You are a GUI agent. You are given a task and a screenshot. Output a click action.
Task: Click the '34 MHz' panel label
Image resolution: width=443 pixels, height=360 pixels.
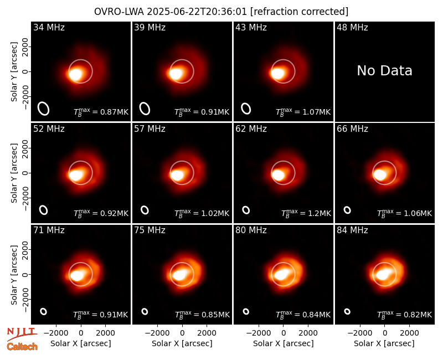(49, 27)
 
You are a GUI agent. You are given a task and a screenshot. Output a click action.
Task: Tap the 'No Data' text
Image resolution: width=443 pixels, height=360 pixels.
(384, 70)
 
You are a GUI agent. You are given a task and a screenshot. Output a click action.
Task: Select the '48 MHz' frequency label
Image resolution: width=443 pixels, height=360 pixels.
(352, 27)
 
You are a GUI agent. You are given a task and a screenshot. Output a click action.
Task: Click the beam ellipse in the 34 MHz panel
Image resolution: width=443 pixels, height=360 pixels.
(43, 109)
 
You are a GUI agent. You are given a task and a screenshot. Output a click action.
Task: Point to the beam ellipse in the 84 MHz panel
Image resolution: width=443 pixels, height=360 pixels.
(347, 311)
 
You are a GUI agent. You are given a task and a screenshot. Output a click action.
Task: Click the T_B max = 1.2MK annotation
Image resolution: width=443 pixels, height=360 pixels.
(306, 213)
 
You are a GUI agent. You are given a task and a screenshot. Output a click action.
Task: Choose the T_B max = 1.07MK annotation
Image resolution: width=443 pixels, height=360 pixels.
(303, 112)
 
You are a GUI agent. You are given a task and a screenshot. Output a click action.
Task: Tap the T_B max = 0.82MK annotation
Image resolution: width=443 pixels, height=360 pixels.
(405, 315)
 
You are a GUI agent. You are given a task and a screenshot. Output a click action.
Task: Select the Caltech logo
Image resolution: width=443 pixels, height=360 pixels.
(22, 347)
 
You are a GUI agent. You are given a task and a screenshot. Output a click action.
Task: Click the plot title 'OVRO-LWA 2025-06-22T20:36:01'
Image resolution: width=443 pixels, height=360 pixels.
(171, 12)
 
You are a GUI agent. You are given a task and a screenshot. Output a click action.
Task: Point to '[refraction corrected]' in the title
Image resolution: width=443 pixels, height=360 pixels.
(299, 12)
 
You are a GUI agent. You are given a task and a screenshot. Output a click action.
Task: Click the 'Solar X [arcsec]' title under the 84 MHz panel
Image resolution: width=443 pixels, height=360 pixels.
(384, 343)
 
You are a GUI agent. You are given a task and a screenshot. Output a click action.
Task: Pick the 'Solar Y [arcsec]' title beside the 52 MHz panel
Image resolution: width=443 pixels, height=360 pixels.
(14, 173)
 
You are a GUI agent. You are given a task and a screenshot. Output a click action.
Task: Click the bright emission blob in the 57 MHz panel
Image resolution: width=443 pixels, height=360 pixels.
(177, 175)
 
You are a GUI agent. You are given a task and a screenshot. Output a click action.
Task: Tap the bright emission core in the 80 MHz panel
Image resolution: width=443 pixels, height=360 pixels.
(281, 274)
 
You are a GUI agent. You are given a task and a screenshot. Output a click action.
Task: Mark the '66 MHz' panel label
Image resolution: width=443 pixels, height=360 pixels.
(352, 129)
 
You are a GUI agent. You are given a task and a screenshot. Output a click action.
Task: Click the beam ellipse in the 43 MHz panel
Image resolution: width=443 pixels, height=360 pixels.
(246, 109)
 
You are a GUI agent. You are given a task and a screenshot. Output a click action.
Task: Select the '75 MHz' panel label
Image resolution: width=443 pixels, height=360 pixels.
(150, 230)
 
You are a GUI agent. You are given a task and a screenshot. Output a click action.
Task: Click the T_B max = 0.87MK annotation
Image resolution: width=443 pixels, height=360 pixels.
(101, 112)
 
